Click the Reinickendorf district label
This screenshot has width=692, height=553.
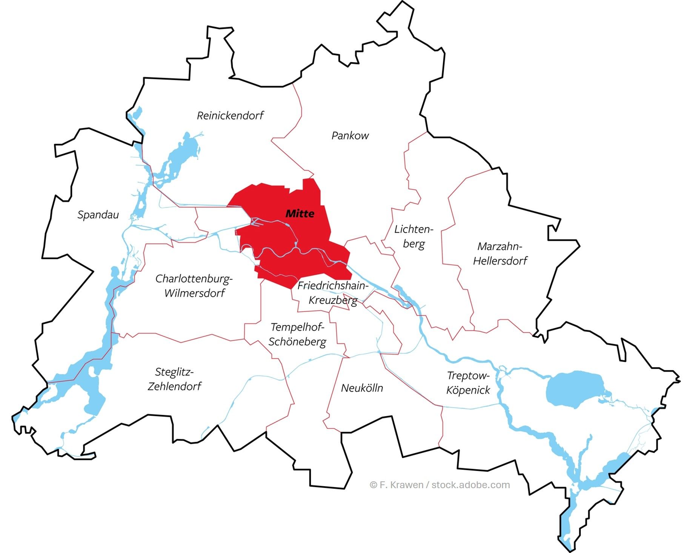point(230,115)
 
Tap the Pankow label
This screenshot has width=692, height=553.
point(350,136)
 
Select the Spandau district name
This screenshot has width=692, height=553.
point(98,215)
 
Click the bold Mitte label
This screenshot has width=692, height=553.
point(300,214)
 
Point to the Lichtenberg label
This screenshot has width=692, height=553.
point(414,236)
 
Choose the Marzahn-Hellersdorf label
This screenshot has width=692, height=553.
point(500,253)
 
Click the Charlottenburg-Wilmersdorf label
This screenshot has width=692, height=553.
point(194,286)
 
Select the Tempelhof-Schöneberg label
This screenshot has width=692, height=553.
point(297,334)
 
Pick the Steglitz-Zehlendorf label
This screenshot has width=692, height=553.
point(174,379)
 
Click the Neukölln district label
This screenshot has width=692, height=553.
point(362,388)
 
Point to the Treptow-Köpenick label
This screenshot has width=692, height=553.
point(468,383)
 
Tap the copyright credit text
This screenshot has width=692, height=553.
point(440,485)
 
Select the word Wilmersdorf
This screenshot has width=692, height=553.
point(195,293)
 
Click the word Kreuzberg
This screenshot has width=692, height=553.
point(333,300)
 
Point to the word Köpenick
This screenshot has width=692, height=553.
point(468,390)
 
